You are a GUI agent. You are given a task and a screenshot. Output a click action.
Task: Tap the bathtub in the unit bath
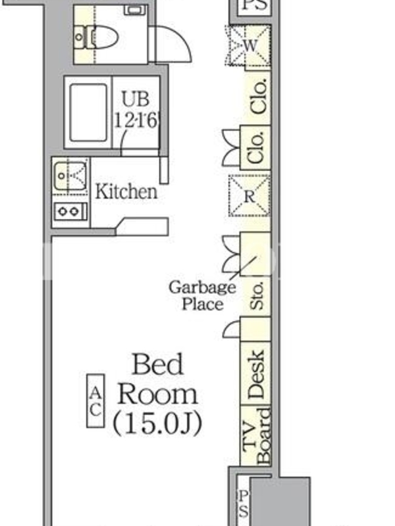coord(88,112)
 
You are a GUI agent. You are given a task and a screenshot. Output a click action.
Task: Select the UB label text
coord(136,99)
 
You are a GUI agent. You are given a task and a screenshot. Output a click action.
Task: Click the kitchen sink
coord(70,176)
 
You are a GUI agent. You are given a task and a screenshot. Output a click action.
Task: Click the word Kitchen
coord(126,191)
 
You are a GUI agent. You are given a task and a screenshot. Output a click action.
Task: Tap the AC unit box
coord(95,401)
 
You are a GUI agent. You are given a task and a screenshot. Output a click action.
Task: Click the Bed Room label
coord(157,379)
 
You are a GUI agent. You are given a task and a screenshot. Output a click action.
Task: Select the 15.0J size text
coord(157,423)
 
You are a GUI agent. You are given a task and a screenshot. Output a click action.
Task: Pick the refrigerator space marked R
coord(250,196)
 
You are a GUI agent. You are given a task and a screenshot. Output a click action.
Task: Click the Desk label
coord(255,374)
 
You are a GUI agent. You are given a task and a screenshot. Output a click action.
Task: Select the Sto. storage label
coord(257,296)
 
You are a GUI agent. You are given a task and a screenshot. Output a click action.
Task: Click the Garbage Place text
coord(202,296)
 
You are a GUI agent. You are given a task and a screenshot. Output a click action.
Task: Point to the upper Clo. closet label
coord(259,97)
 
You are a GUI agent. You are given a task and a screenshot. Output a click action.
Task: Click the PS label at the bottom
coord(243,504)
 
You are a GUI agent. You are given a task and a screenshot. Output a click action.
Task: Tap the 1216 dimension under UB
coord(136,120)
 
